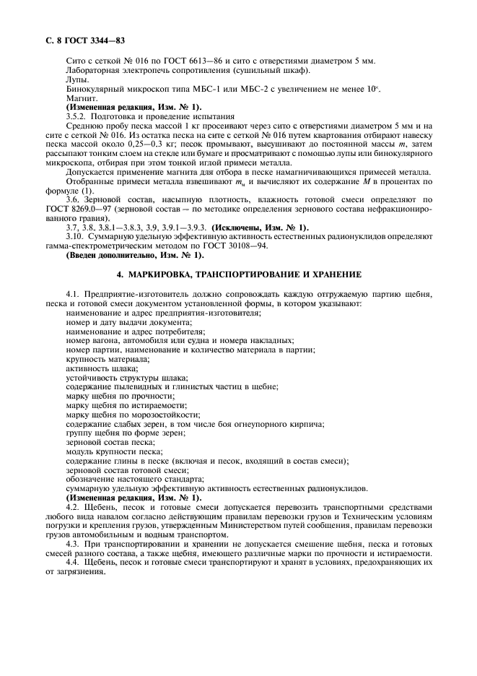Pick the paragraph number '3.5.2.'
tap(77, 116)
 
